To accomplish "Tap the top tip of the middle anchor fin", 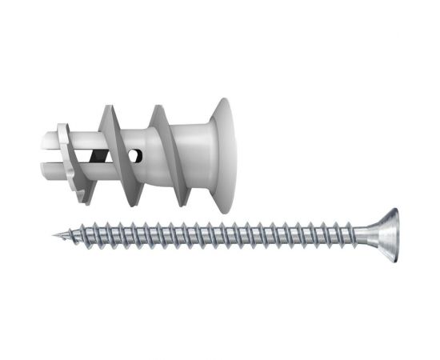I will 109,106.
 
